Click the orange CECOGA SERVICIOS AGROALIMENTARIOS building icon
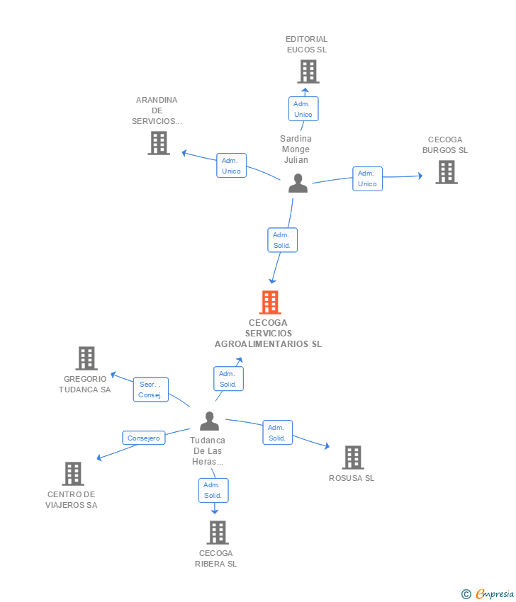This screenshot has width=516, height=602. point(270,302)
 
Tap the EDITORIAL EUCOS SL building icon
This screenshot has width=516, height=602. point(308,72)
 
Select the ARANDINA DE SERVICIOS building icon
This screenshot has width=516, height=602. point(159,143)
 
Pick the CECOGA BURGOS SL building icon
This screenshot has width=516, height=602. point(447,172)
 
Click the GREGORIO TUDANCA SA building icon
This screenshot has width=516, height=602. point(86,358)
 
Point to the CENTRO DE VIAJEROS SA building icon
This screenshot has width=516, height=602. point(73,473)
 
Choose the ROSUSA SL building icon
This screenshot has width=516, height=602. point(353,458)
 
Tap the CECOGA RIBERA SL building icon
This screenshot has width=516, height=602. point(218,532)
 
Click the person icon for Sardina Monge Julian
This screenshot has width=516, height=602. point(298,183)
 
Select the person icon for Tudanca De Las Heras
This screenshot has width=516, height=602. point(209,421)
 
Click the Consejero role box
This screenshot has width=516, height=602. point(144,438)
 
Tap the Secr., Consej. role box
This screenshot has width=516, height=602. point(150,390)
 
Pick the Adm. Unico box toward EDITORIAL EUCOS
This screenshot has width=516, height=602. point(303,108)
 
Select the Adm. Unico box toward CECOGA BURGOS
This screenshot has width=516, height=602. point(367,178)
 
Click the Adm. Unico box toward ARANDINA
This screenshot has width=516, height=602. point(231,166)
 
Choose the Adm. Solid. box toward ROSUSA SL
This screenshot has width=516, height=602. point(277,432)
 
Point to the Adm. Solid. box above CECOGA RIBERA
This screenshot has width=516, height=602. point(213,490)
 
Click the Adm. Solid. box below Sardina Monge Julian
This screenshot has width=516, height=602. point(282,240)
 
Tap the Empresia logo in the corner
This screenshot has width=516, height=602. point(488,594)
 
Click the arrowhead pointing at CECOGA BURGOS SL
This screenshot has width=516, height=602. point(420,176)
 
